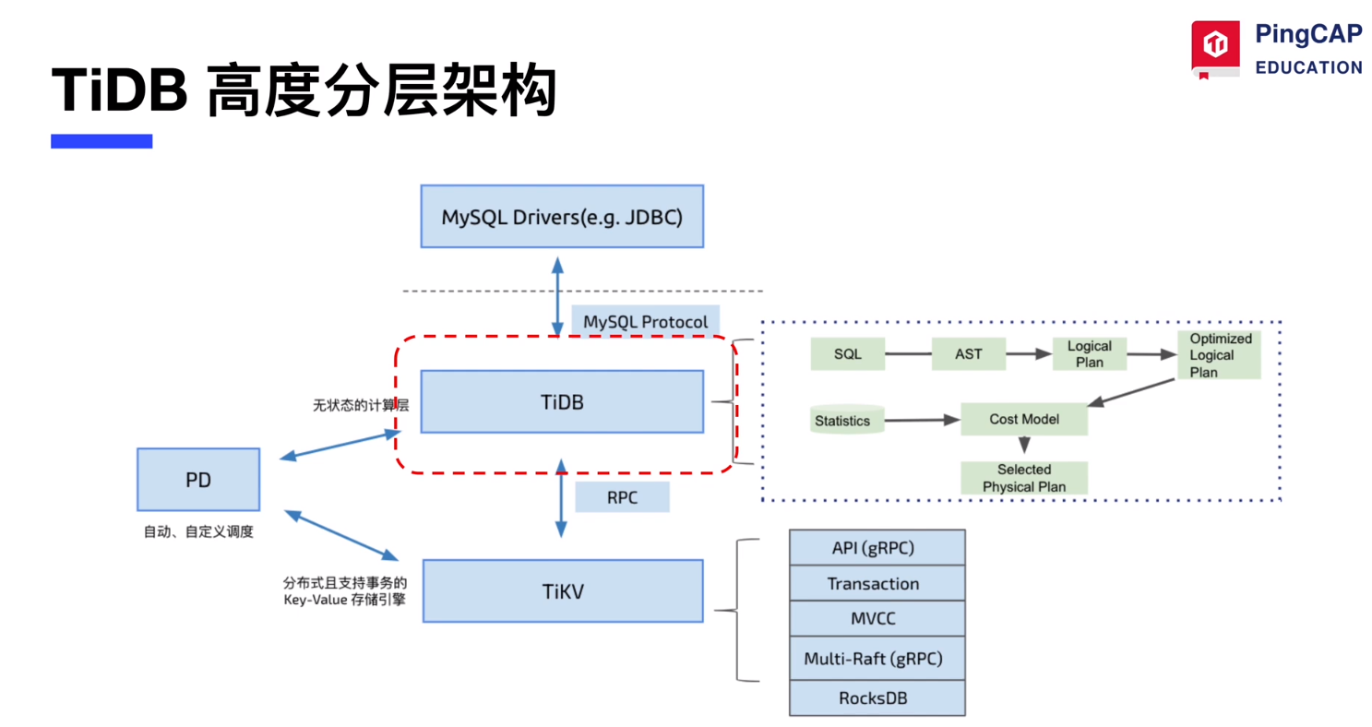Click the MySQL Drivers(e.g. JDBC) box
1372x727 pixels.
pos(562,216)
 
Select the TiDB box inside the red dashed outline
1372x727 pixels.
pos(562,401)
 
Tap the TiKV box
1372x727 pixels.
pos(562,590)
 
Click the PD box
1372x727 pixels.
pos(198,479)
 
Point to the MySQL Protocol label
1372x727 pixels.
pos(645,322)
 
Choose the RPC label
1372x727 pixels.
pos(621,496)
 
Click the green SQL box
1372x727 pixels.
pos(847,354)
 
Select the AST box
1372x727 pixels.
pos(968,354)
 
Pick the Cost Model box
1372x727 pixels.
pos(1024,419)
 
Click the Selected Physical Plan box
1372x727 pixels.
pos(1024,478)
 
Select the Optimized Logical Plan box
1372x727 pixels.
pos(1219,354)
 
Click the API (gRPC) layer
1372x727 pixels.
pos(877,547)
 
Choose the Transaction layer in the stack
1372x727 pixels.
pos(877,583)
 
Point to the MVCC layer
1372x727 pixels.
pos(877,618)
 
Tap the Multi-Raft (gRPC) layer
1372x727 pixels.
pos(877,658)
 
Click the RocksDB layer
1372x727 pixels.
pos(877,697)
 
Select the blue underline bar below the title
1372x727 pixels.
pos(101,141)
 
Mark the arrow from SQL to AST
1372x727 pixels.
pos(906,354)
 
